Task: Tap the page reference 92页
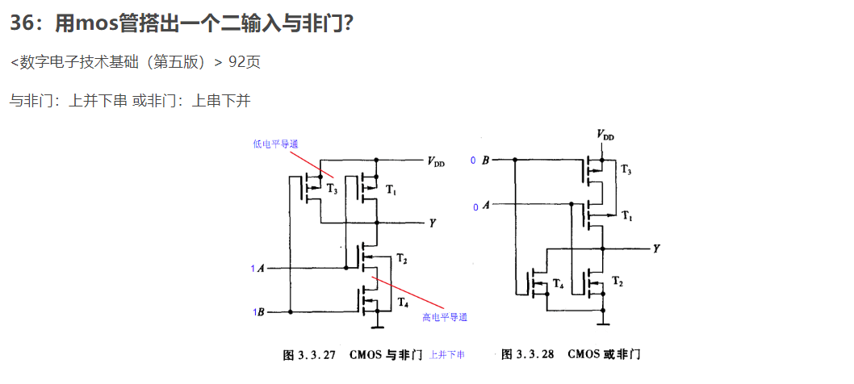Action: point(245,62)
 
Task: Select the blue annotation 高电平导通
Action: point(445,317)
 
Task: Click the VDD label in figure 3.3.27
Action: point(436,162)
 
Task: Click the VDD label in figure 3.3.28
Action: point(605,136)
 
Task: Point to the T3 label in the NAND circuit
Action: point(333,188)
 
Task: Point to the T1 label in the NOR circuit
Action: point(626,217)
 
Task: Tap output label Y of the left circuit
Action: point(433,222)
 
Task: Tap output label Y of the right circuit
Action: point(656,249)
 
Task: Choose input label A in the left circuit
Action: point(261,268)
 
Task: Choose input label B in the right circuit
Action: point(485,161)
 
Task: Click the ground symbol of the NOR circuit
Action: point(602,324)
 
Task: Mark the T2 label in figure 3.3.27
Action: point(402,259)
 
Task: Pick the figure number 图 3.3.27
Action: point(311,355)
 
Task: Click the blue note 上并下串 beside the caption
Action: point(447,355)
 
